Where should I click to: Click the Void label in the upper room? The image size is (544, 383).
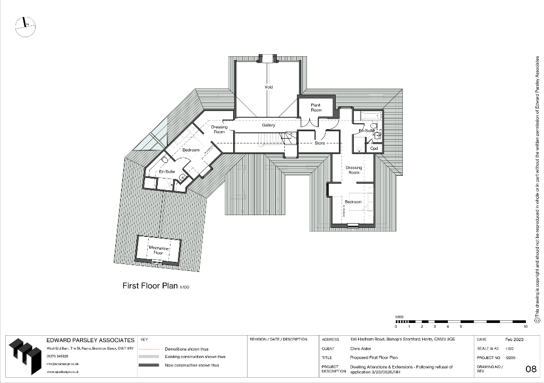[x=269, y=87]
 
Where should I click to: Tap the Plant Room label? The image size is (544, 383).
[x=316, y=107]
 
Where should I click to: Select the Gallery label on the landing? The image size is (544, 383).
[x=268, y=125]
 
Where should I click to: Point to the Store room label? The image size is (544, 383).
[x=319, y=143]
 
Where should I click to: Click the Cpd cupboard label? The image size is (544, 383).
[x=374, y=148]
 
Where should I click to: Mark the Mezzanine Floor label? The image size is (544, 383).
[x=158, y=251]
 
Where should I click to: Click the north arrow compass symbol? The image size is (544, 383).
[x=25, y=25]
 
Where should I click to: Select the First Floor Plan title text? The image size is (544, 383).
[x=151, y=286]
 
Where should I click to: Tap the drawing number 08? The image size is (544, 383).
[x=530, y=369]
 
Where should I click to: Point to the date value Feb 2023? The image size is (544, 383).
[x=514, y=339]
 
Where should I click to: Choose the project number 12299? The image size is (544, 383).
[x=511, y=358]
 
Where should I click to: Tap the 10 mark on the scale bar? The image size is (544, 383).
[x=525, y=326]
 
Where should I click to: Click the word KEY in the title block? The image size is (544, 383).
[x=144, y=339]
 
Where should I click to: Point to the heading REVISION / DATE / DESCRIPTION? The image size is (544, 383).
[x=278, y=339]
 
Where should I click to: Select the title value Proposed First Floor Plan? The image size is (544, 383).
[x=373, y=358]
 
